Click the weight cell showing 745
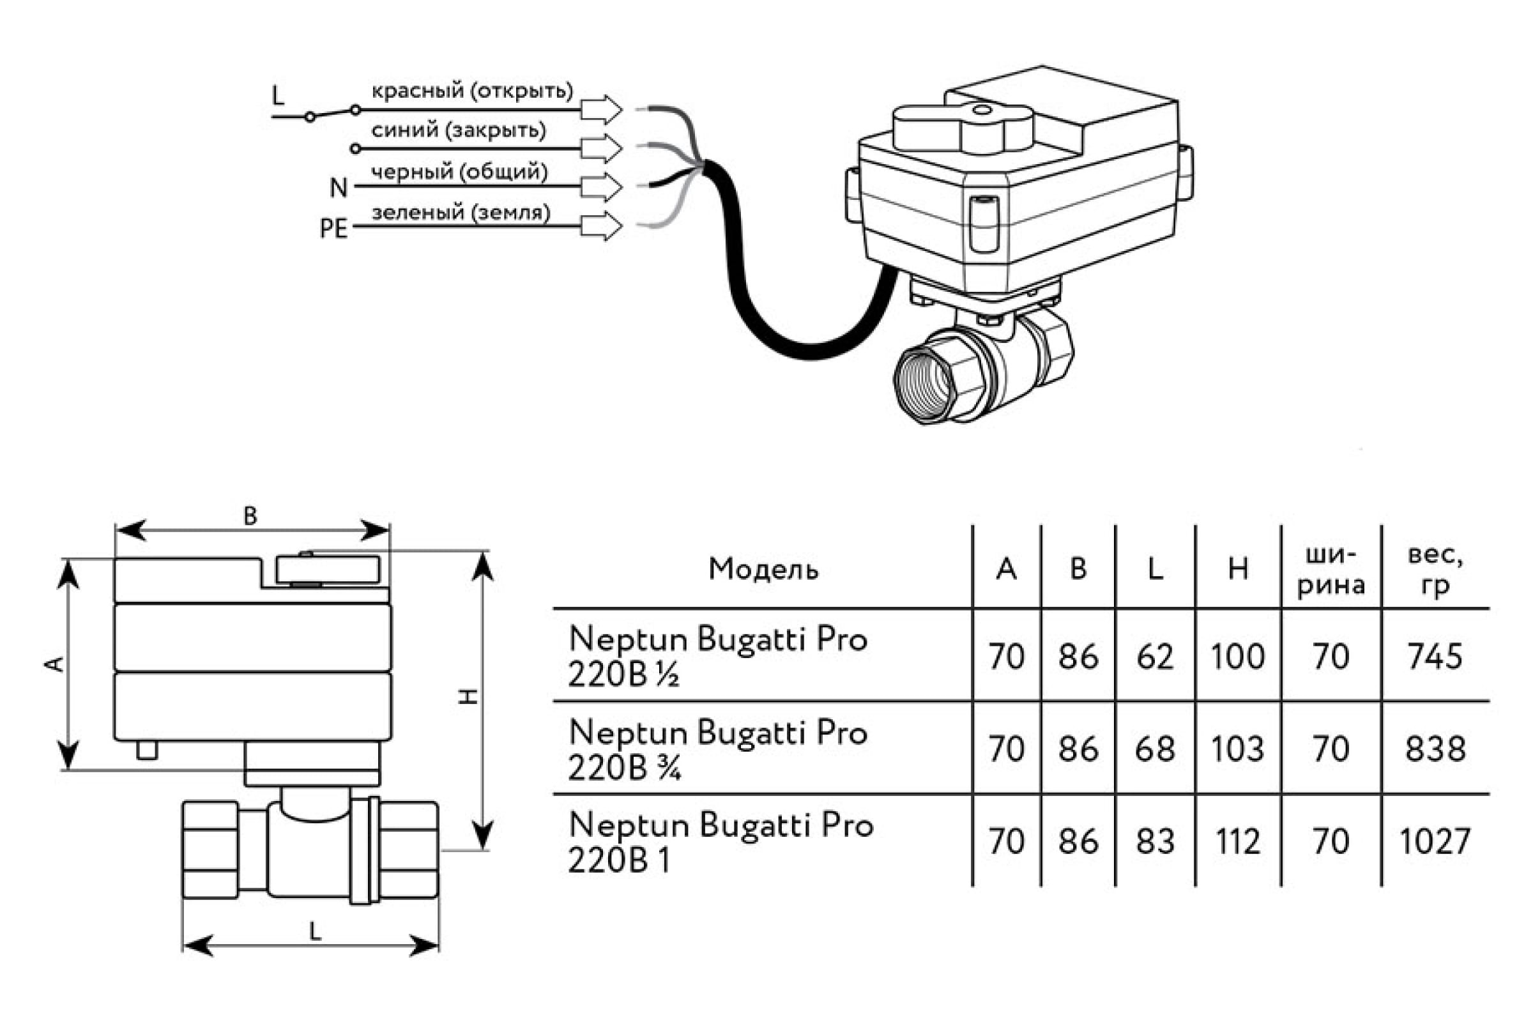pos(1435,657)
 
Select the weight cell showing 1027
pos(1435,841)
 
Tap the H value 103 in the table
pos(1237,749)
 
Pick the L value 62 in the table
pos(1155,657)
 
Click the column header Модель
pos(763,569)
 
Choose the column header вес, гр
pos(1435,570)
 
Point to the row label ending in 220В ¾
pos(717,749)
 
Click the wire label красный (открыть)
pos(472,91)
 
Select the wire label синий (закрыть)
pos(458,130)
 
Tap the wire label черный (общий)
pos(459,172)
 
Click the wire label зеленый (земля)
pos(460,213)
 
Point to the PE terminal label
pos(333,229)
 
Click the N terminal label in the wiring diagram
pos(339,188)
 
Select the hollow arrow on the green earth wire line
pos(602,226)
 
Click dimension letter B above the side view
pos(250,516)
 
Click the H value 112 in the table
pos(1237,841)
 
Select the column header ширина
pos(1331,570)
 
